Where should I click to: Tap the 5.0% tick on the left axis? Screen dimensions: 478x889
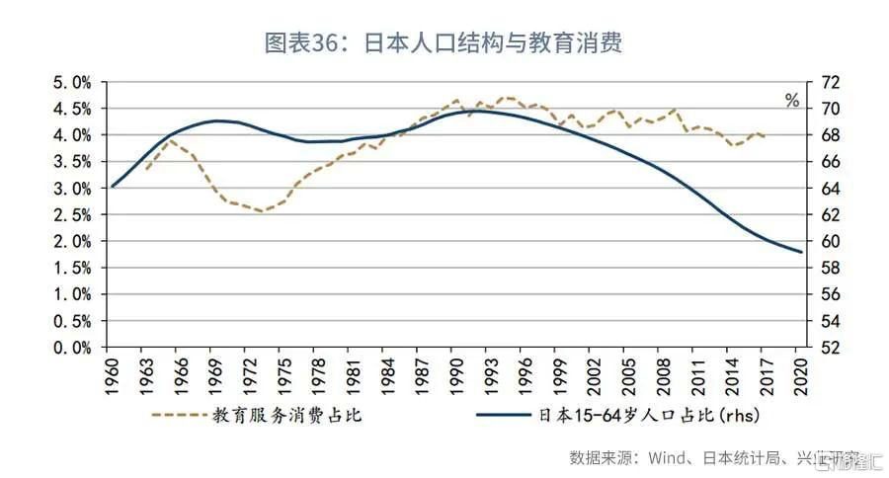click(72, 81)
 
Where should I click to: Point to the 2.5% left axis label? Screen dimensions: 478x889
click(72, 214)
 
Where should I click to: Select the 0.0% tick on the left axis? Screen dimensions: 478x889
click(72, 348)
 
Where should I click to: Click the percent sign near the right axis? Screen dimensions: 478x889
click(791, 100)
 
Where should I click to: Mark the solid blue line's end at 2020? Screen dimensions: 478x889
click(799, 252)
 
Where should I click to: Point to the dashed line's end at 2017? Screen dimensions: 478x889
click(765, 136)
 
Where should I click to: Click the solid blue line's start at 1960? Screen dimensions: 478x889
click(113, 186)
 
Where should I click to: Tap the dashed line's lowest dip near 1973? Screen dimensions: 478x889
click(261, 210)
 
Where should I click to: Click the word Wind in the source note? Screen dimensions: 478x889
click(664, 457)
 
